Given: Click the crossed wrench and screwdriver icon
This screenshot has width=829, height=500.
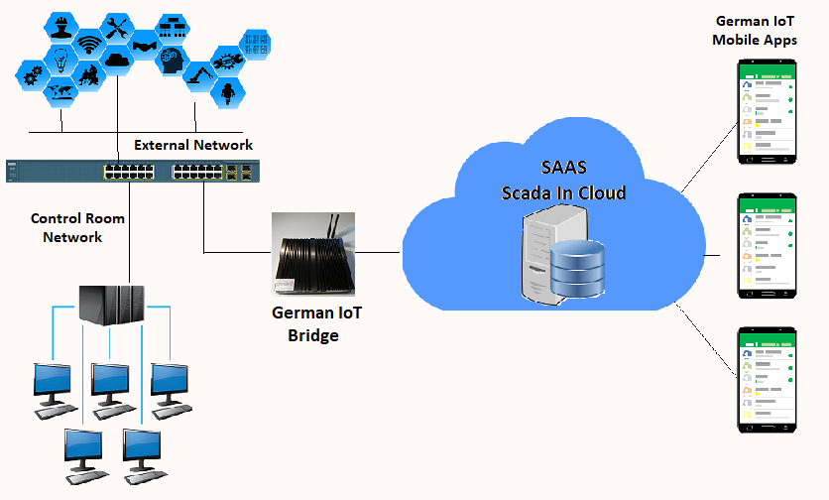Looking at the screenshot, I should [x=117, y=25].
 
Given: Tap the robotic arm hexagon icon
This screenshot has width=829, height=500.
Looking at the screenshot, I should [x=200, y=72].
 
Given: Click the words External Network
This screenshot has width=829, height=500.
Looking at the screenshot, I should [x=193, y=145].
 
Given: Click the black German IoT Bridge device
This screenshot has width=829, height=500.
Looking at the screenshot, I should [x=314, y=260].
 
